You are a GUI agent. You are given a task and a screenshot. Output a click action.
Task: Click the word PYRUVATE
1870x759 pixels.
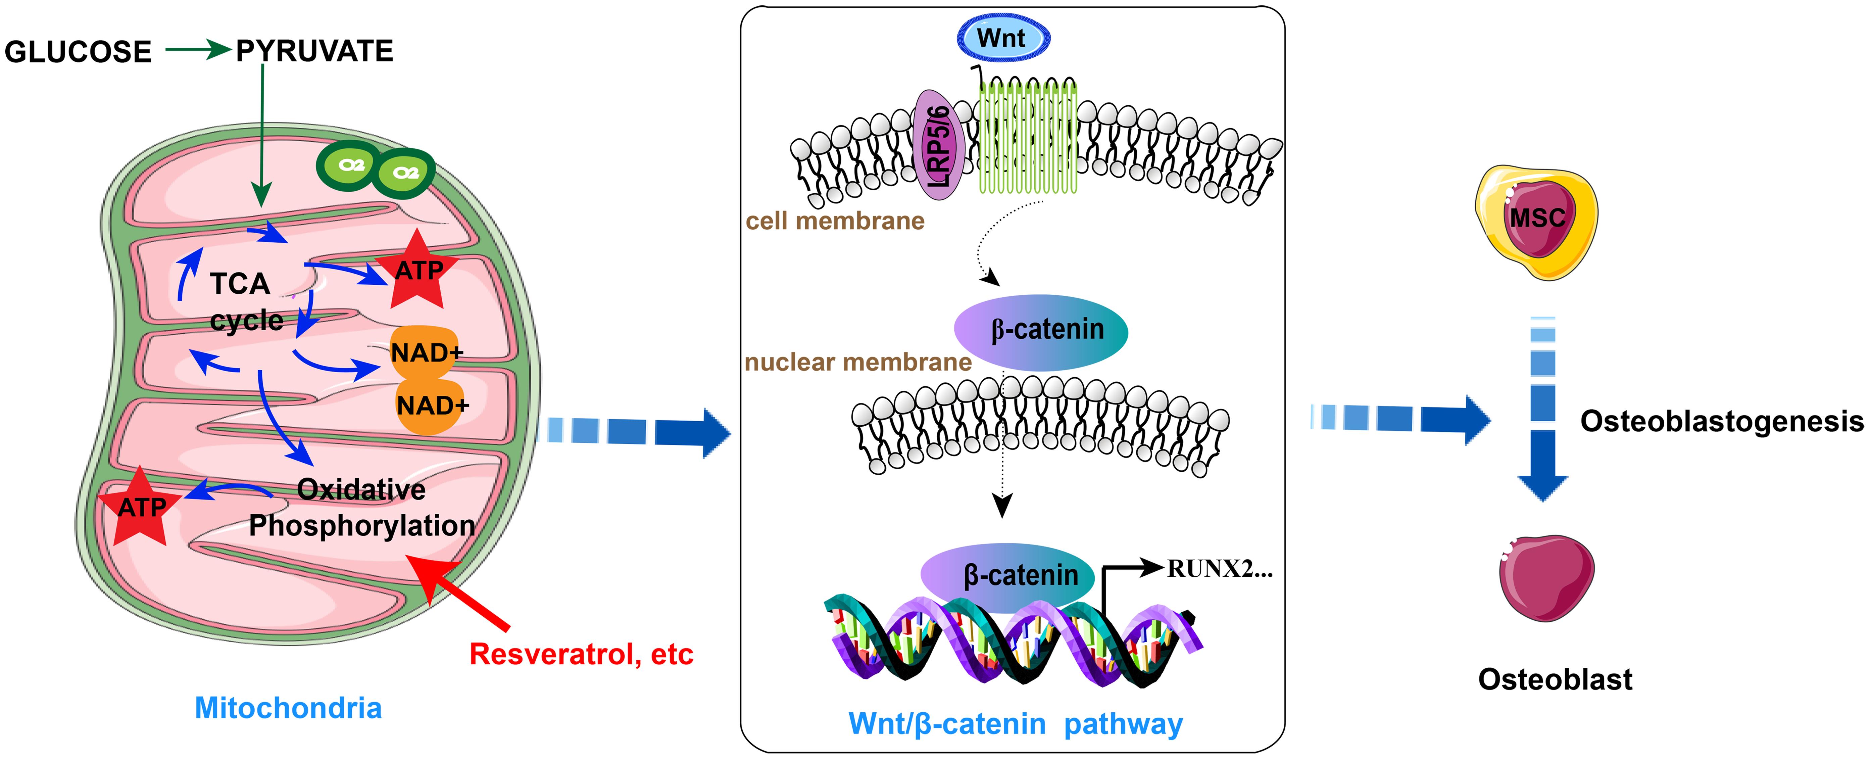314,51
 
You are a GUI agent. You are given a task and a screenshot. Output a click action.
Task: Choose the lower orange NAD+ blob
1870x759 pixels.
430,405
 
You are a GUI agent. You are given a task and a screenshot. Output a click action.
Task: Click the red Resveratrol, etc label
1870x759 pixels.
581,654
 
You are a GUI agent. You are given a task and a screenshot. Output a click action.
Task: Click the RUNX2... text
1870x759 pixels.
1220,569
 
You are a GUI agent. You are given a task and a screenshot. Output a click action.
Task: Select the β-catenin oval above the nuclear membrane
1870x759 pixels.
1040,330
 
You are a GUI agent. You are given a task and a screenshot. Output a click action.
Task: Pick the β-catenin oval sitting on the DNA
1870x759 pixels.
1009,575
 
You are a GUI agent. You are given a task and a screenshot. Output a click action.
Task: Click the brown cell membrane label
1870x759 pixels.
835,221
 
